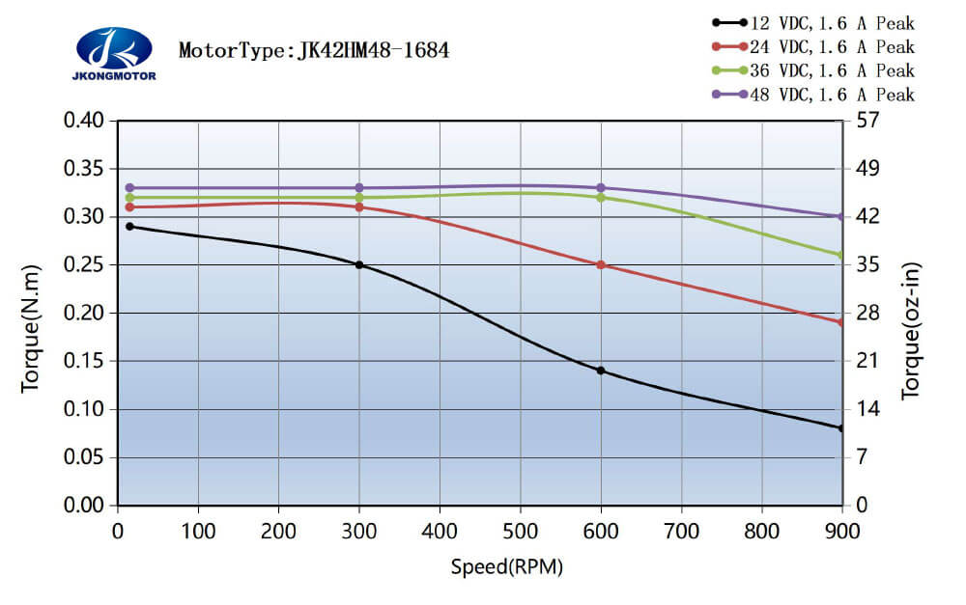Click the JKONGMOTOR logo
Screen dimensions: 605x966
coord(113,52)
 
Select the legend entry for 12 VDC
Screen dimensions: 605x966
coord(812,23)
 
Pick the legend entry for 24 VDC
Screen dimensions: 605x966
coord(812,46)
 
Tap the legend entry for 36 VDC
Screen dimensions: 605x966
coord(812,70)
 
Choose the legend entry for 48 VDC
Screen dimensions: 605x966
coord(812,95)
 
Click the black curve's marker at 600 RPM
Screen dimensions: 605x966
coord(601,371)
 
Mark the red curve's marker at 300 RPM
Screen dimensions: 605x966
coord(359,206)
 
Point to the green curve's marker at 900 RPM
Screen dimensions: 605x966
coord(841,255)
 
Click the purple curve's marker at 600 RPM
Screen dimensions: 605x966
coord(601,187)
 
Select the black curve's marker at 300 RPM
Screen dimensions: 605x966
coord(359,264)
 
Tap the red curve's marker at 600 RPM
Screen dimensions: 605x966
coord(601,264)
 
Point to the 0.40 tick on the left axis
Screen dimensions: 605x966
coord(83,121)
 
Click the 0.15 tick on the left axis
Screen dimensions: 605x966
coord(83,361)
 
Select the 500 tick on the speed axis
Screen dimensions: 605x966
coord(520,529)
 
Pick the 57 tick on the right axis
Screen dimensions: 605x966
coord(863,121)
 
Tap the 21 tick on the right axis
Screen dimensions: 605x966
coord(863,361)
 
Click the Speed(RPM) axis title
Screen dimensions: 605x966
coord(506,566)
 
